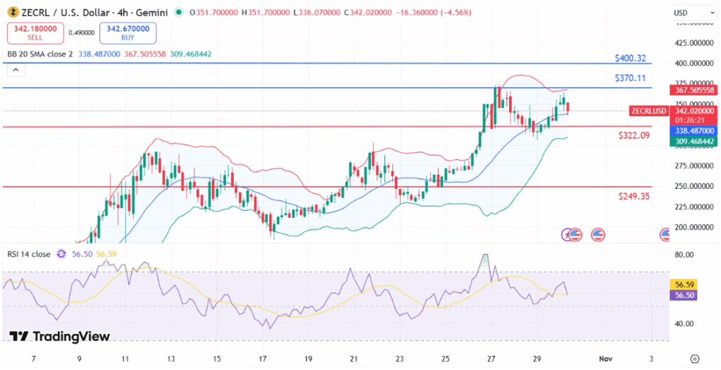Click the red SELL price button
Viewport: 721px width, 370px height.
35,33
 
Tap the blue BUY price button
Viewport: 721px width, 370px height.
128,33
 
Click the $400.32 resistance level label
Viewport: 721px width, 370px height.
630,58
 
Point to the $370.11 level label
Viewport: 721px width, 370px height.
630,78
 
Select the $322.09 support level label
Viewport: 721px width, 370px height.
634,135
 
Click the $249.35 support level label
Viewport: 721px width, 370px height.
634,196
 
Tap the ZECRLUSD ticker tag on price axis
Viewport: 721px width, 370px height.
648,111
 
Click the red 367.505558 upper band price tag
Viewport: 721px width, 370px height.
694,90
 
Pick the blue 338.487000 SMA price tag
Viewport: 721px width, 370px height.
694,131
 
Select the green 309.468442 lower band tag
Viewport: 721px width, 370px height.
694,142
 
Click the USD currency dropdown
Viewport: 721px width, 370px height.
681,13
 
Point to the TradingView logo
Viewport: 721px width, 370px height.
60,337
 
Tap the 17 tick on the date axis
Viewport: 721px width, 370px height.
263,359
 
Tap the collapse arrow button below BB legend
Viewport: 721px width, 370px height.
16,70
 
